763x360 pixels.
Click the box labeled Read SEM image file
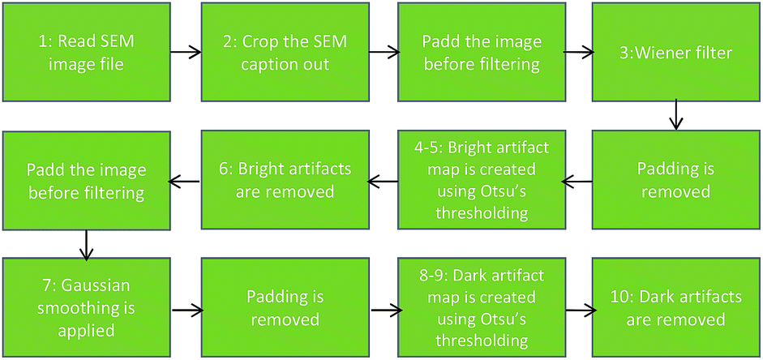86,52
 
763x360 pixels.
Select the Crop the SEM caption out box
285,52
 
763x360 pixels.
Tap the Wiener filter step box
676,52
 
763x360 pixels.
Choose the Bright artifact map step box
479,180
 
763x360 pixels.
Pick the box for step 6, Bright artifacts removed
285,180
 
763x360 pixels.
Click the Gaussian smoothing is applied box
86,308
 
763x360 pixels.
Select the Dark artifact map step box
479,308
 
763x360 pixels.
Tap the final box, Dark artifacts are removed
676,308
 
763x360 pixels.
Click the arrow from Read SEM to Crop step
186,52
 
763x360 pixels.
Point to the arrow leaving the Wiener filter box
676,116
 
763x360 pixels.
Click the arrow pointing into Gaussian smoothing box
86,244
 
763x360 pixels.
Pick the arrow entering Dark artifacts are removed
579,310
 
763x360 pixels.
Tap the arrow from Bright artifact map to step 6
384,182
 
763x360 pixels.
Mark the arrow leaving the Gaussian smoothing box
186,310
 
